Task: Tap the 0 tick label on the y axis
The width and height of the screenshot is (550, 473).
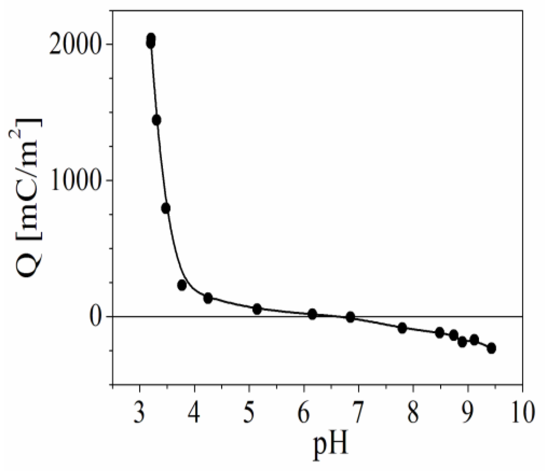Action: click(x=97, y=317)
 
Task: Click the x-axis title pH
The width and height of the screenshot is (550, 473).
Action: click(x=331, y=448)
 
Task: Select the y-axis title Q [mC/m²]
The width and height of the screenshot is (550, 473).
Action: click(x=29, y=196)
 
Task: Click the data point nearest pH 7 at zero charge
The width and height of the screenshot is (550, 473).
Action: click(x=350, y=317)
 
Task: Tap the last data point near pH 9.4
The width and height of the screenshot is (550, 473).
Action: click(x=491, y=348)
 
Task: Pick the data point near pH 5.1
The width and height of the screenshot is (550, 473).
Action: click(x=257, y=309)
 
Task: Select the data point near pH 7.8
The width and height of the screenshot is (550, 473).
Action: click(x=402, y=328)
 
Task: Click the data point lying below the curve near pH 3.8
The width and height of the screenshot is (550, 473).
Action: click(x=182, y=285)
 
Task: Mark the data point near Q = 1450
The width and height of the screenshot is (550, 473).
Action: click(x=156, y=120)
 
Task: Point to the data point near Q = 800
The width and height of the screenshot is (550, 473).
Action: click(x=166, y=208)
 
